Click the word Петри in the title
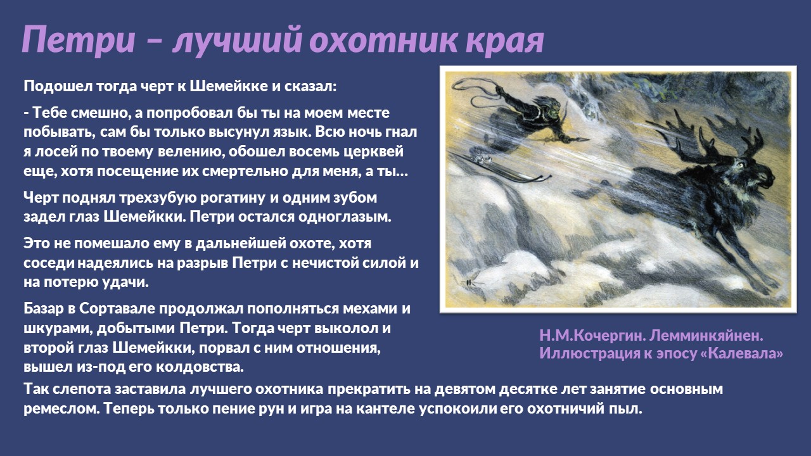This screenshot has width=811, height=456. (x=78, y=39)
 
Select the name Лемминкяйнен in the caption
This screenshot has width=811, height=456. (x=706, y=336)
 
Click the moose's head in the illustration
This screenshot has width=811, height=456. (x=750, y=177)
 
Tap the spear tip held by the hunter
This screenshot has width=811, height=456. (x=581, y=139)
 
